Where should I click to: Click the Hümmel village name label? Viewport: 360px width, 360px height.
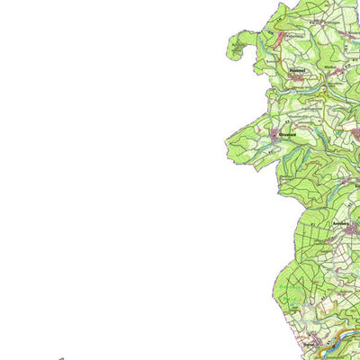tap(298, 68)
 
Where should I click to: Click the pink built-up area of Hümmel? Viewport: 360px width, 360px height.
tap(297, 78)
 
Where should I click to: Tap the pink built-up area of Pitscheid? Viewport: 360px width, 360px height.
tap(280, 36)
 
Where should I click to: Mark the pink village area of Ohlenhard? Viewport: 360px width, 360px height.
tap(275, 136)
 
